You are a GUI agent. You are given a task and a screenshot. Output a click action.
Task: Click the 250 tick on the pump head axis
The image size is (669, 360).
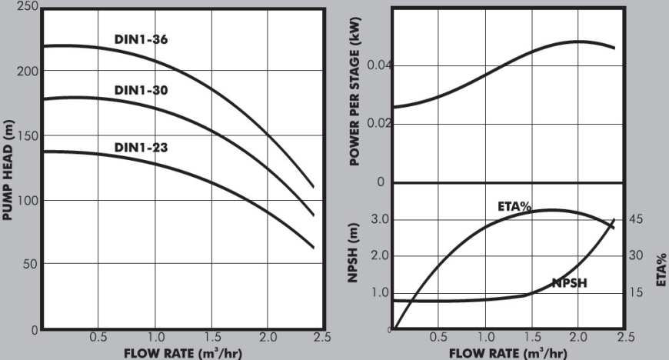(x=28, y=6)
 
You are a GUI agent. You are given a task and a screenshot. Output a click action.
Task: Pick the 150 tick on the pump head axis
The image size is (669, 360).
(x=28, y=135)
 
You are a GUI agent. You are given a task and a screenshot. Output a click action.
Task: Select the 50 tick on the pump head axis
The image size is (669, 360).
(x=31, y=264)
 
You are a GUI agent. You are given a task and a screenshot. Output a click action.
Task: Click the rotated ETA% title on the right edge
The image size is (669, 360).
(x=661, y=267)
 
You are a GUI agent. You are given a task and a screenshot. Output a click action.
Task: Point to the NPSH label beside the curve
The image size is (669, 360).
(x=570, y=283)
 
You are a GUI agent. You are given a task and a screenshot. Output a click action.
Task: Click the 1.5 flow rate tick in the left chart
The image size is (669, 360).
(x=212, y=337)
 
